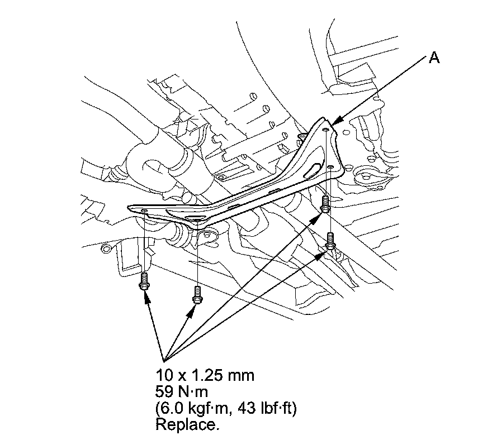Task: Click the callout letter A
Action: (434, 58)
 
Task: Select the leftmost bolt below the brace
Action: (144, 281)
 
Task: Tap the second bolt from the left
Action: (197, 295)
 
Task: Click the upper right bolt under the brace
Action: (325, 204)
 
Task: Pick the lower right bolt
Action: (330, 241)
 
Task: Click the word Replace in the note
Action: (187, 424)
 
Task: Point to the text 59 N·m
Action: (182, 391)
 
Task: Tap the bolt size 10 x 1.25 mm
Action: (205, 375)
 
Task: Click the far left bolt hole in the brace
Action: (144, 211)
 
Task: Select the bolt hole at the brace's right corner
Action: (330, 168)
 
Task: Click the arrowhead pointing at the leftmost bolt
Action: (146, 298)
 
